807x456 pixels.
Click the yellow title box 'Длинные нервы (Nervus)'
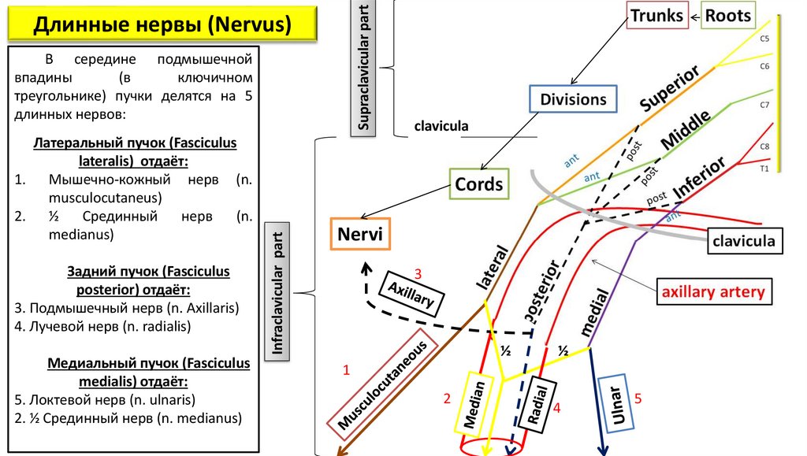(x=162, y=24)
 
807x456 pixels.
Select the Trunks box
(x=657, y=16)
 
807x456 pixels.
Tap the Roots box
(x=727, y=16)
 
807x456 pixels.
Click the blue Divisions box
(x=573, y=98)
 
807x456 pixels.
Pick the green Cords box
(x=478, y=184)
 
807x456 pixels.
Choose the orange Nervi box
(x=360, y=234)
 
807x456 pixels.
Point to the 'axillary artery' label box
(x=714, y=291)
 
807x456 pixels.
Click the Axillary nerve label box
(x=411, y=294)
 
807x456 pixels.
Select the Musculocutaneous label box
(x=382, y=385)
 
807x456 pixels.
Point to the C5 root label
(x=764, y=39)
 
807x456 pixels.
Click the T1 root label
(x=764, y=169)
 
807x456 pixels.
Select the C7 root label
(x=764, y=105)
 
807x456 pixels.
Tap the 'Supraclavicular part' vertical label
(x=363, y=69)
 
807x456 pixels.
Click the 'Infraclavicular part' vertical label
(x=277, y=292)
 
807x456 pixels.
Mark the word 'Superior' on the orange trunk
(x=670, y=88)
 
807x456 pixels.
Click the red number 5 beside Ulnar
(x=638, y=399)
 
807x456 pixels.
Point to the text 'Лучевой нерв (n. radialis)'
(x=102, y=327)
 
